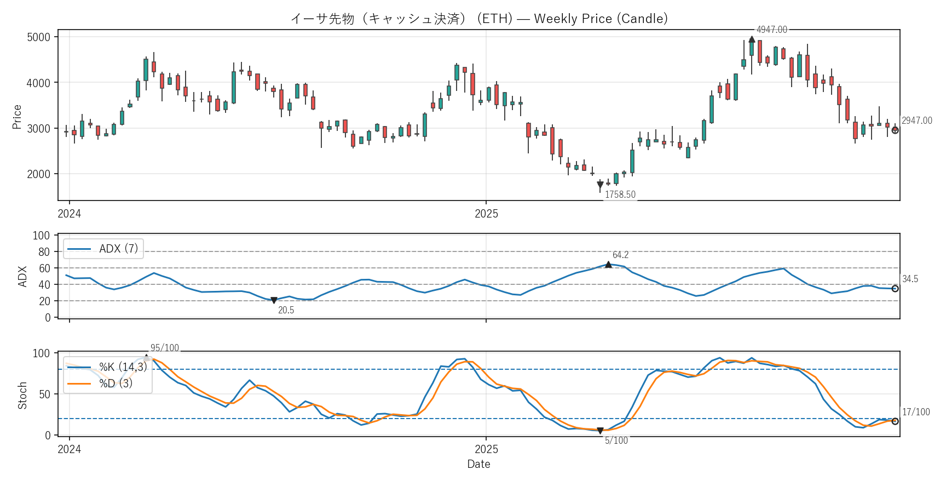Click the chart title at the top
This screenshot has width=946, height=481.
479,19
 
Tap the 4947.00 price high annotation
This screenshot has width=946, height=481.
771,30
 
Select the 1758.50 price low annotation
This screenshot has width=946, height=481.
620,194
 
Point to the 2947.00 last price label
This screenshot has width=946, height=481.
916,121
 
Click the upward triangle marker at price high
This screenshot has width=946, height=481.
752,39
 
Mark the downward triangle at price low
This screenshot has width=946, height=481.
600,185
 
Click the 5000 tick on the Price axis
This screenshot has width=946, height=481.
38,37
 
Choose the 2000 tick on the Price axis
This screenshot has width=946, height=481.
38,174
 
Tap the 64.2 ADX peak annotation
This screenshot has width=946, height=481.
620,255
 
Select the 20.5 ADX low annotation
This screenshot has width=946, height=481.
286,310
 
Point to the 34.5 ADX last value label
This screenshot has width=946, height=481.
910,279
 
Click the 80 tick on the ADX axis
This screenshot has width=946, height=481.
44,252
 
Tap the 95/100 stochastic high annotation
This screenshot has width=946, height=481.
164,348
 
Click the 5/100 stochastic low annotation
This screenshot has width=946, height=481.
616,440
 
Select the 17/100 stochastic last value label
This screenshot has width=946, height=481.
915,412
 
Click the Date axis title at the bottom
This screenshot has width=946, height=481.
478,464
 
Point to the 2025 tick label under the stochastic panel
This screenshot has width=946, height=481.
486,449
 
